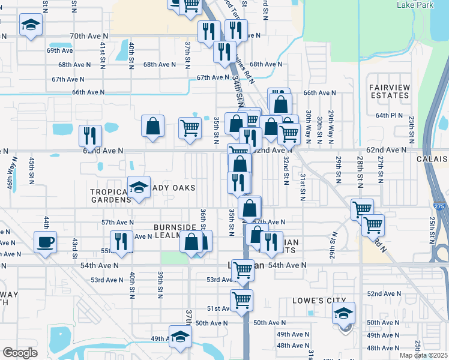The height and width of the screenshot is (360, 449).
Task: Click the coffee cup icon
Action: (46, 243)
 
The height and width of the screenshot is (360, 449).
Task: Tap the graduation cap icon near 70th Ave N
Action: (29, 26)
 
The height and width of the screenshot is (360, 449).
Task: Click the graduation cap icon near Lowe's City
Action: (344, 313)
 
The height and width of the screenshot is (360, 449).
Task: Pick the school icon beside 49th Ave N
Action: (179, 337)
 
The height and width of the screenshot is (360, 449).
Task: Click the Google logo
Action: (20, 353)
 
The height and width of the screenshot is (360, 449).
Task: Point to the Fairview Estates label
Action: (390, 91)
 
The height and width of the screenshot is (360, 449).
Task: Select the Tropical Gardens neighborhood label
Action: (110, 196)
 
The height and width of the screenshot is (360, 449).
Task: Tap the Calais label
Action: (432, 159)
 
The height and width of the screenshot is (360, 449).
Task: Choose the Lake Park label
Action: (414, 5)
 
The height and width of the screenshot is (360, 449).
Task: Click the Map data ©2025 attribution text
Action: (424, 355)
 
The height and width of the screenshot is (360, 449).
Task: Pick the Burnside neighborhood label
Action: (175, 227)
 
